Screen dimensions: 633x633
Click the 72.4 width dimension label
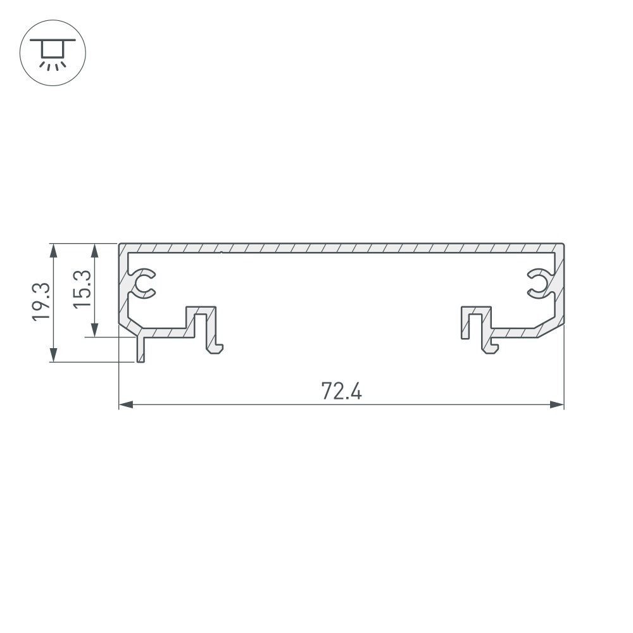pos(341,392)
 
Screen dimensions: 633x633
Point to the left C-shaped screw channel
pos(143,283)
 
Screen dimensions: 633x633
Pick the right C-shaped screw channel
pos(540,283)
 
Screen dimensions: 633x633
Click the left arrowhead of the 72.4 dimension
pos(126,404)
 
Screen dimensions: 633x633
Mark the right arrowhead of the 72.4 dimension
pos(557,404)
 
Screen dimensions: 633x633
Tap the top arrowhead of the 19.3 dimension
pos(54,250)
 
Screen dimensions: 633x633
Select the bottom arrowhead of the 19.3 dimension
pos(54,355)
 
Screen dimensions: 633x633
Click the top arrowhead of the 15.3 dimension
pos(95,250)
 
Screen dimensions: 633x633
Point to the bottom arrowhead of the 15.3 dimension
pos(95,330)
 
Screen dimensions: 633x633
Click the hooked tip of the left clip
pos(216,349)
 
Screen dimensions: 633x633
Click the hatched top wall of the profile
pos(341,247)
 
